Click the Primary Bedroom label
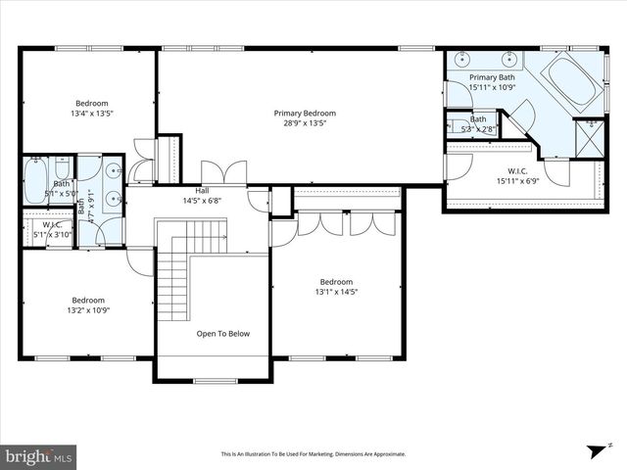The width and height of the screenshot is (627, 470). [300, 113]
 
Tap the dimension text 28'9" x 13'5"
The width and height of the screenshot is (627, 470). [300, 123]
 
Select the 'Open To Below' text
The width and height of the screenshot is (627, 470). [222, 334]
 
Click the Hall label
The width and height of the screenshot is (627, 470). [203, 190]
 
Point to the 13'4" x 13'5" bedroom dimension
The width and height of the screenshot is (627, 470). [92, 114]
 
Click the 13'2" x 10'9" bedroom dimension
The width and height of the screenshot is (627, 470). [88, 310]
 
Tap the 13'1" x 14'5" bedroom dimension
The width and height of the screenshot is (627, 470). [336, 291]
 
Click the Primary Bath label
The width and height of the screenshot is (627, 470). [492, 77]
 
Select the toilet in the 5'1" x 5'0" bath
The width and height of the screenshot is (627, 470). [62, 167]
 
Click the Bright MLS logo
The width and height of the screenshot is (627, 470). [39, 456]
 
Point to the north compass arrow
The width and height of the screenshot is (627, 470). [593, 449]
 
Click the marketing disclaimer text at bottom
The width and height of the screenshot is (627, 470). [313, 454]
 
